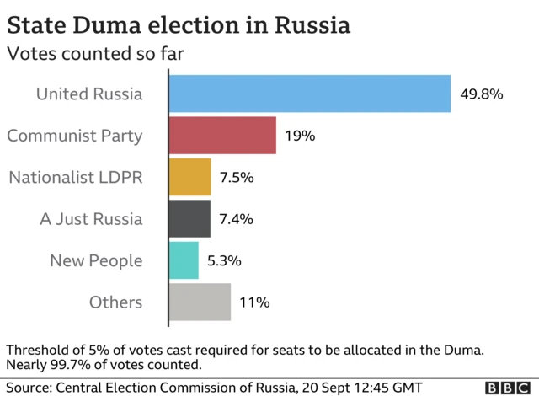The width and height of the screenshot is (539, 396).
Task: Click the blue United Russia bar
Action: [x=310, y=94]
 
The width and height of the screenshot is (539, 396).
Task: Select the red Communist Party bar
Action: [x=223, y=136]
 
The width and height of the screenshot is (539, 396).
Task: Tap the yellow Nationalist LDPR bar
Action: [x=190, y=177]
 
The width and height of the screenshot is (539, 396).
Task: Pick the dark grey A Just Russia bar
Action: [x=190, y=219]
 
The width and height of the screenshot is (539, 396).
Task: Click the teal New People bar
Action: [x=184, y=260]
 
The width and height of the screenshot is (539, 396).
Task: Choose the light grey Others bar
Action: [x=200, y=302]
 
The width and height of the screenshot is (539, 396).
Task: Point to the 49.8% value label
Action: [x=481, y=94]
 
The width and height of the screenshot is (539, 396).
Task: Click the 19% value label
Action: [x=300, y=136]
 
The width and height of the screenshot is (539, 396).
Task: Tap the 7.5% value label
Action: [x=237, y=178]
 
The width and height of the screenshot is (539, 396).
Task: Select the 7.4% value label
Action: [x=236, y=219]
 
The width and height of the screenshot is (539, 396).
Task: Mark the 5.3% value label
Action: [x=224, y=261]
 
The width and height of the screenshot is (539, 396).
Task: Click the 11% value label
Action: [x=254, y=302]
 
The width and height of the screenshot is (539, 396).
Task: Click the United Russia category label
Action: [x=89, y=94]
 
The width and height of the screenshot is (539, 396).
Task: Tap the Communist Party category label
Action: [x=75, y=136]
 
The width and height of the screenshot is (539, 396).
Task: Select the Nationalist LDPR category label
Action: [x=76, y=177]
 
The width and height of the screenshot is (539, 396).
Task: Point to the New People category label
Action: [x=95, y=261]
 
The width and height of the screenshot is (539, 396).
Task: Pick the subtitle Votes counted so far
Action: [x=95, y=54]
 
